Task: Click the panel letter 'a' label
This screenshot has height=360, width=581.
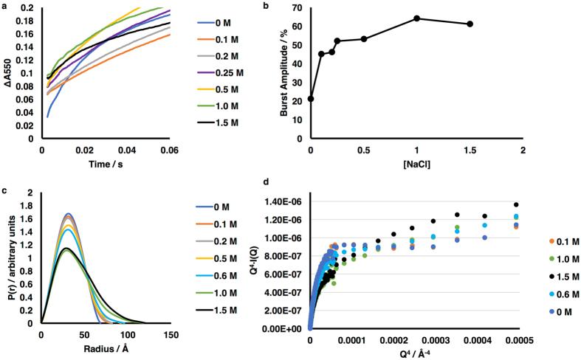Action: point(4,4)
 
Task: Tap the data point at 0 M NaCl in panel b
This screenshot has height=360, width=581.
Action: point(311,99)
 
